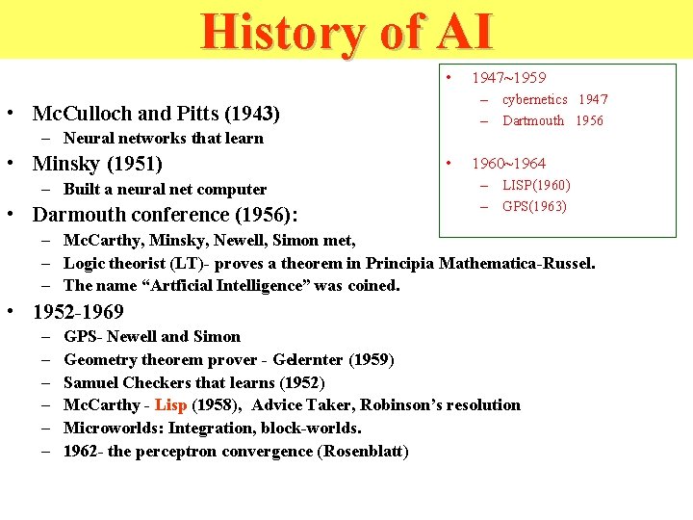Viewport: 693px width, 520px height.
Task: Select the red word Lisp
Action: pyautogui.click(x=170, y=405)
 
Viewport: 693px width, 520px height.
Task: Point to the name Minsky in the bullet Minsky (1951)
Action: pyautogui.click(x=65, y=163)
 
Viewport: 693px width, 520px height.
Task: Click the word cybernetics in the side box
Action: pyautogui.click(x=534, y=99)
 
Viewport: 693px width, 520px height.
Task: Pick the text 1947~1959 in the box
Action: pyautogui.click(x=508, y=78)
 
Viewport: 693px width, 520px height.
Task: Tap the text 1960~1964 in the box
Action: pyautogui.click(x=508, y=163)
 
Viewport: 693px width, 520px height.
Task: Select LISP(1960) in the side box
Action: pyautogui.click(x=536, y=185)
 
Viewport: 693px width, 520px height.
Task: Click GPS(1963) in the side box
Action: pyautogui.click(x=534, y=206)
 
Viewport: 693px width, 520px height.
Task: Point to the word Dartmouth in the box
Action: pyautogui.click(x=533, y=120)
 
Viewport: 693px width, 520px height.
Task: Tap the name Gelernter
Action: pyautogui.click(x=306, y=359)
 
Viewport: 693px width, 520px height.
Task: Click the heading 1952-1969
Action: pyautogui.click(x=78, y=312)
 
